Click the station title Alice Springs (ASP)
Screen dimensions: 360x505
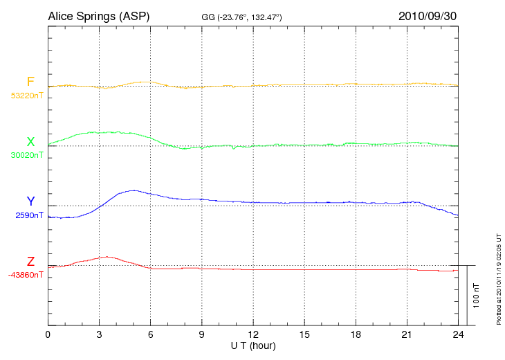coord(98,15)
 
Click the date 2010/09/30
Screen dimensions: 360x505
coord(427,15)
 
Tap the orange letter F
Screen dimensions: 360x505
coord(30,82)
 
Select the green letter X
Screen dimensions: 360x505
coord(30,142)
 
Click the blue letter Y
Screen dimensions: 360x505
coord(30,201)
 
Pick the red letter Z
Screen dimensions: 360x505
coord(30,261)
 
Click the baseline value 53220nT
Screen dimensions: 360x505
coord(26,96)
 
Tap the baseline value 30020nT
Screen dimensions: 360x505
coord(26,155)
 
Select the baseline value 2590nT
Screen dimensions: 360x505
coord(29,215)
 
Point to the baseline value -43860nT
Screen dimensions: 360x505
coord(26,275)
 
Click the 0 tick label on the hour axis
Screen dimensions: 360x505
coord(48,334)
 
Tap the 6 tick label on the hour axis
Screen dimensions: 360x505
coord(150,334)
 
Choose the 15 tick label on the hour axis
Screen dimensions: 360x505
coord(304,334)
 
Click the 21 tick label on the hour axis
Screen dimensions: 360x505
coord(406,334)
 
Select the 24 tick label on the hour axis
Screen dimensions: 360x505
coord(457,334)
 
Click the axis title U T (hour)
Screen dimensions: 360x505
coord(252,345)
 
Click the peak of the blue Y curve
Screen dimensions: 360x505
coord(131,190)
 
